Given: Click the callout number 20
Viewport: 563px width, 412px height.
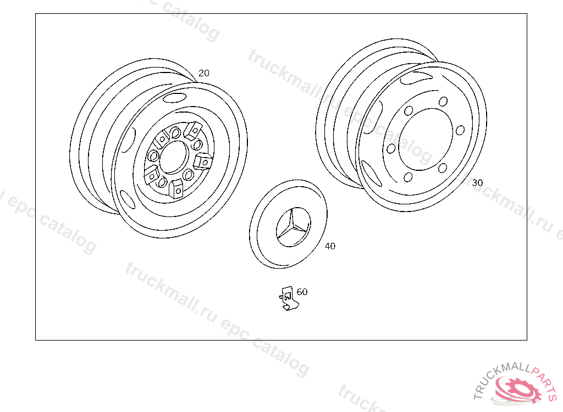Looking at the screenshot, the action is tap(203, 73).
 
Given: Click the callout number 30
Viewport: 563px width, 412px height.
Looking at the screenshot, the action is tap(477, 183).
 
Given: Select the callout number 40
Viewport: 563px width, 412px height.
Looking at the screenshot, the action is tap(330, 246).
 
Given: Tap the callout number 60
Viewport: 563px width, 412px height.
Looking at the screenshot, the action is tap(302, 292).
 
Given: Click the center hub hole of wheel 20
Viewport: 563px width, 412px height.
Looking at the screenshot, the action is tap(173, 157).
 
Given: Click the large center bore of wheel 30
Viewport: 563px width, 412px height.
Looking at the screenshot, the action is tap(426, 139).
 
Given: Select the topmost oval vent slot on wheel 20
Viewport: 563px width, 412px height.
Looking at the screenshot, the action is tap(174, 98).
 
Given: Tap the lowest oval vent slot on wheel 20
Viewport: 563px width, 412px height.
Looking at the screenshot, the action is tap(128, 199).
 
